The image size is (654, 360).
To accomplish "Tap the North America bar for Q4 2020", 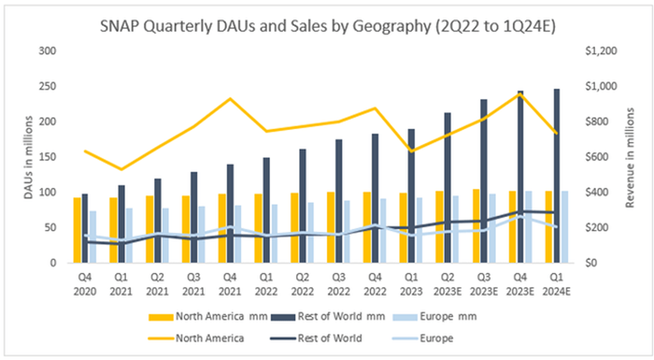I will click(x=77, y=230).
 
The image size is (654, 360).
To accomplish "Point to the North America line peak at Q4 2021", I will click(x=230, y=99).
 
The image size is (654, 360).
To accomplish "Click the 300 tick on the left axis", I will click(x=48, y=51).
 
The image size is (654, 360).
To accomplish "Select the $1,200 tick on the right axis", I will click(x=600, y=51).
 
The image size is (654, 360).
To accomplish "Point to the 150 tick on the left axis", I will click(x=48, y=157).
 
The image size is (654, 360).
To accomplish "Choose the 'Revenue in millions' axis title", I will click(x=629, y=157).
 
